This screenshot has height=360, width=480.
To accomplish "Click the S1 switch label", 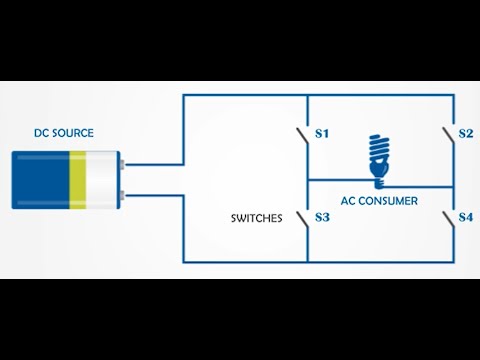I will coord(322,133).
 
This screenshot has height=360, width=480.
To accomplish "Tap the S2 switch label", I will coord(465,133).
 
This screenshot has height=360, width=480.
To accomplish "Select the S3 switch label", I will coord(322,217).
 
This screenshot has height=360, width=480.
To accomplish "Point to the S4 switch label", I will coord(465,217).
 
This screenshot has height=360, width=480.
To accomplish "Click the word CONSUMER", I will coord(391,201).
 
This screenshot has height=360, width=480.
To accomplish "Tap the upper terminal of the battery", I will coord(121,165).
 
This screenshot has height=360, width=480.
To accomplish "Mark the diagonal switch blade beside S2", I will coord(447,135).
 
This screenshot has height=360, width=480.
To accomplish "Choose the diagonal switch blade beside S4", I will coord(447,219).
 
